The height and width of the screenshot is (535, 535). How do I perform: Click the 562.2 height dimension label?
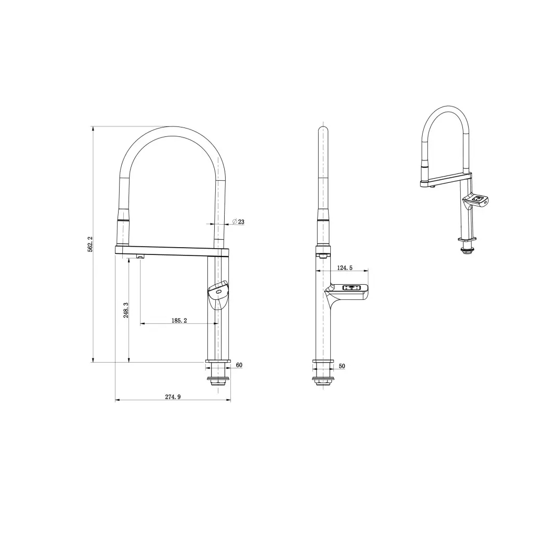(x=89, y=245)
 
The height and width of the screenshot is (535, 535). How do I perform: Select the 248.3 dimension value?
(x=126, y=310)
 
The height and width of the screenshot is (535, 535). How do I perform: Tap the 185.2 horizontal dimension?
(x=178, y=320)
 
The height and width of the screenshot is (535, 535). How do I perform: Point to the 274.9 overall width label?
(x=173, y=397)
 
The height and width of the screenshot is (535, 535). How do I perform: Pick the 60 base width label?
(x=239, y=365)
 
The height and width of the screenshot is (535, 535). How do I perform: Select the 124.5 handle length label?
(x=344, y=267)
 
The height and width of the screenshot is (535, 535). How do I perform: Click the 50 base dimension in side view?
(x=342, y=366)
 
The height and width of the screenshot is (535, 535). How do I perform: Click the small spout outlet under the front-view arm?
(x=139, y=256)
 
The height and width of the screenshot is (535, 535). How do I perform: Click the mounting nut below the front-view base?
(x=218, y=380)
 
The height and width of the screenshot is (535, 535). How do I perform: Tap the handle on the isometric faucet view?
(x=476, y=200)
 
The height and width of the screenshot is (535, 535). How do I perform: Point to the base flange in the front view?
(x=218, y=362)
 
